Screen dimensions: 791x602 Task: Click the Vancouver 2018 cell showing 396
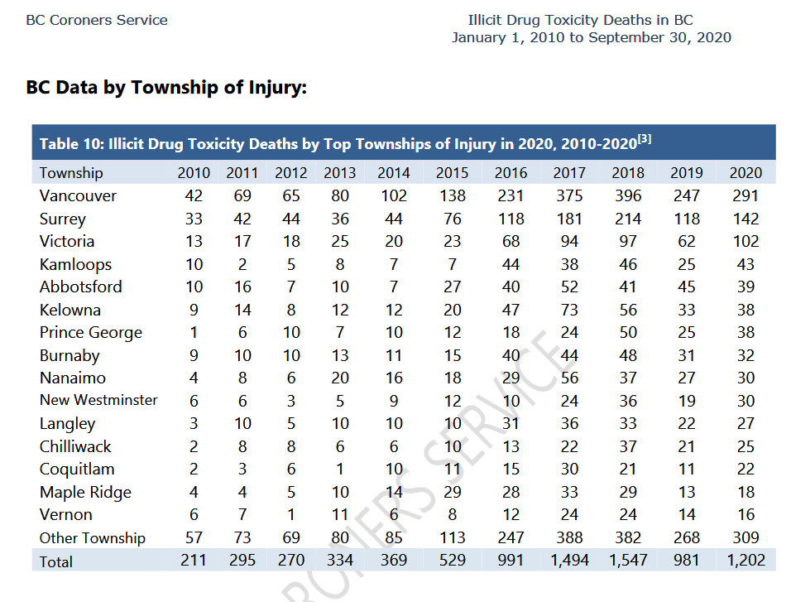(627, 195)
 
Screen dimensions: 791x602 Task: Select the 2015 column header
(452, 173)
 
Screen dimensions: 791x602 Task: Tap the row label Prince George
(91, 333)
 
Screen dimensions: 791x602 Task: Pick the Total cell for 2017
(569, 560)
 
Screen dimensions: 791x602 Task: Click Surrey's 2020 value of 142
(745, 219)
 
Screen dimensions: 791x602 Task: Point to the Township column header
(71, 173)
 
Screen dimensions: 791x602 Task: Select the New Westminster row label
(98, 400)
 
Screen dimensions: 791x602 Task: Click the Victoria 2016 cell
(511, 242)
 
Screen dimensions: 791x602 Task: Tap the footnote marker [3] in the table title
(645, 138)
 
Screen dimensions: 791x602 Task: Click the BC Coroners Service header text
(97, 20)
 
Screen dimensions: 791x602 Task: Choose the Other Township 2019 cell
(686, 537)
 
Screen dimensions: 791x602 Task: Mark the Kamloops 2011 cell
(242, 264)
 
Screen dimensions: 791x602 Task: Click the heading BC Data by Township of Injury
(166, 88)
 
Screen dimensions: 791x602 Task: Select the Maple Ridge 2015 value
(452, 492)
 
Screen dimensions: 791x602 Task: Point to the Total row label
(56, 561)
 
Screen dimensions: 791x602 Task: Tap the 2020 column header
(745, 173)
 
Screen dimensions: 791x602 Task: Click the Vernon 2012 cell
(291, 514)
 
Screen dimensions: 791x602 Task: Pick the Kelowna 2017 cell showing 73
(569, 310)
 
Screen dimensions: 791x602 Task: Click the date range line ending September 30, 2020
(592, 37)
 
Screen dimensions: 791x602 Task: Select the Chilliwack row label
(75, 446)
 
